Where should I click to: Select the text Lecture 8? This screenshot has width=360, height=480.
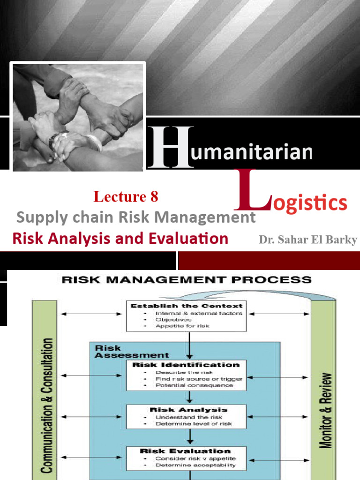click(x=126, y=197)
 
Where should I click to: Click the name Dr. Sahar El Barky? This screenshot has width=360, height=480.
click(x=307, y=240)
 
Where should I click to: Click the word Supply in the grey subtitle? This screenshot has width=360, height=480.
click(x=36, y=217)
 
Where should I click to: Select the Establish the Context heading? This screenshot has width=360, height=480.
click(x=186, y=306)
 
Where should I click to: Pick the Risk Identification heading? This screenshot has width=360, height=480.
click(x=186, y=364)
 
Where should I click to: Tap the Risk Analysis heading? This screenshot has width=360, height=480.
click(x=188, y=410)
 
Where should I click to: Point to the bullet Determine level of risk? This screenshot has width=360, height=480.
click(x=194, y=424)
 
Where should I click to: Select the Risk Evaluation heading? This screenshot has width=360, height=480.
click(x=185, y=451)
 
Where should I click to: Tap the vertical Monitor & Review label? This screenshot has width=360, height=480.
click(x=327, y=410)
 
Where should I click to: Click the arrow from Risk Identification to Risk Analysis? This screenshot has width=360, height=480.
click(x=189, y=397)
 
